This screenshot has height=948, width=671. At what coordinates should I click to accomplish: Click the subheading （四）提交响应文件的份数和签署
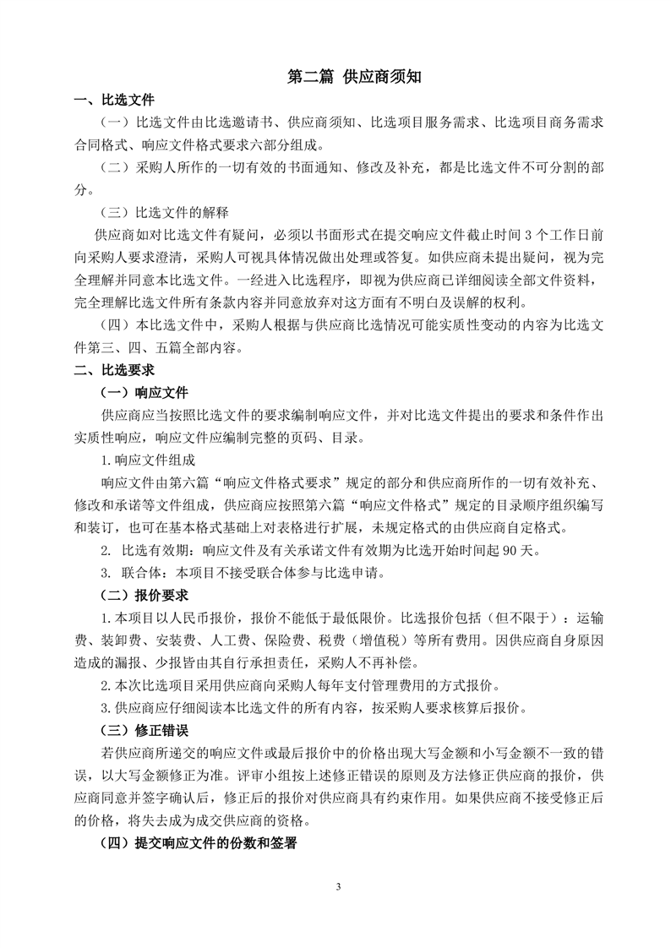click(x=198, y=842)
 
